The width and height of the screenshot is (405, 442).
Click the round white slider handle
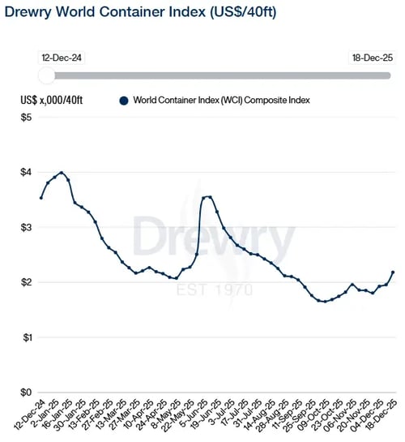[47, 75]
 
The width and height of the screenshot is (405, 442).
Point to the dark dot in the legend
[123, 101]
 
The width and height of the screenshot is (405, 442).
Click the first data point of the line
[41, 198]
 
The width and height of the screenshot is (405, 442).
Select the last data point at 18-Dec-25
[393, 272]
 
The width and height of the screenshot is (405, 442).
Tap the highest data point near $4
[62, 173]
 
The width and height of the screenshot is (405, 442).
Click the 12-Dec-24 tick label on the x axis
[28, 418]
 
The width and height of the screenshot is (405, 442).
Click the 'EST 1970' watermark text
[215, 290]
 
